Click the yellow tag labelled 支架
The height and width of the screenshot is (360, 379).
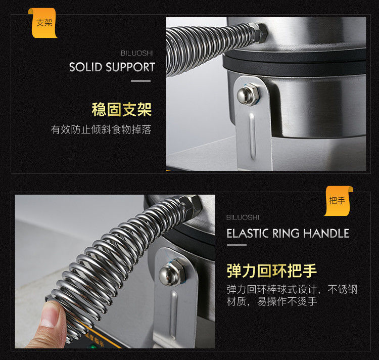[43, 23]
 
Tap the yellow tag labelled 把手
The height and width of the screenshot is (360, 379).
[338, 201]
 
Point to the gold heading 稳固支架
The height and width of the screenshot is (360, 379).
[122, 110]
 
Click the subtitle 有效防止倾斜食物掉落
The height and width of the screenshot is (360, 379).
[101, 129]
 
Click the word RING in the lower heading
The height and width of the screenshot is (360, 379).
[286, 233]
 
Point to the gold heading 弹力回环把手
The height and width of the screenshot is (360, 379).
[272, 271]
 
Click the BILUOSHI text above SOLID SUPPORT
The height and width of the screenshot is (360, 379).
[137, 53]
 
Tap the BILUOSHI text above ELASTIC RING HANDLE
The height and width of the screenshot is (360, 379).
[243, 217]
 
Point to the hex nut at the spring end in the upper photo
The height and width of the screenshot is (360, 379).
[259, 33]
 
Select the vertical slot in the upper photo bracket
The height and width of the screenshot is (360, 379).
[252, 136]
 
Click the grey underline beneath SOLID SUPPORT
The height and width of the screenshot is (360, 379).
[140, 81]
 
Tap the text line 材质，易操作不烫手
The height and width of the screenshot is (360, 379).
[272, 301]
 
